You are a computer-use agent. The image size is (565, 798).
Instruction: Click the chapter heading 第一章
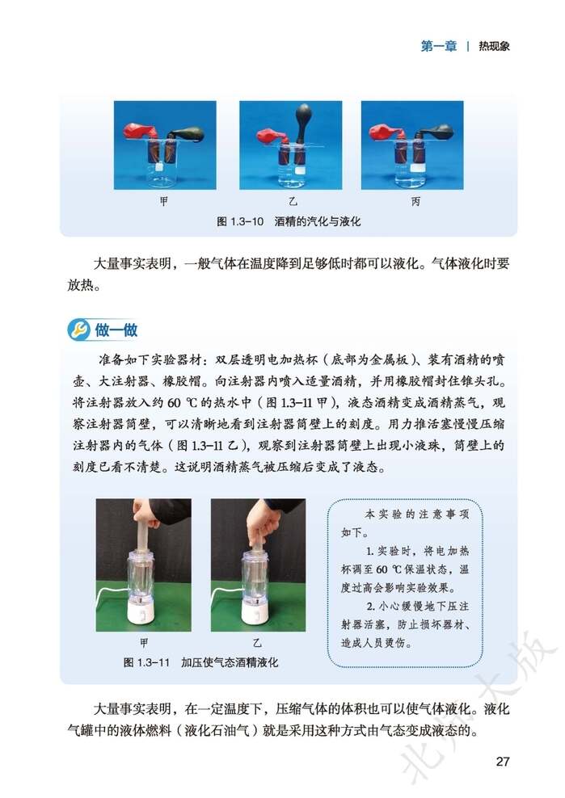pos(438,46)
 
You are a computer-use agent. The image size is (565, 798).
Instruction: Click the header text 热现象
pos(494,46)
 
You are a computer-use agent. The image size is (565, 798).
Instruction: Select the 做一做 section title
pos(116,330)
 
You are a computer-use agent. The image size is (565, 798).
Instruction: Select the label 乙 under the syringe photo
pos(258,643)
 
